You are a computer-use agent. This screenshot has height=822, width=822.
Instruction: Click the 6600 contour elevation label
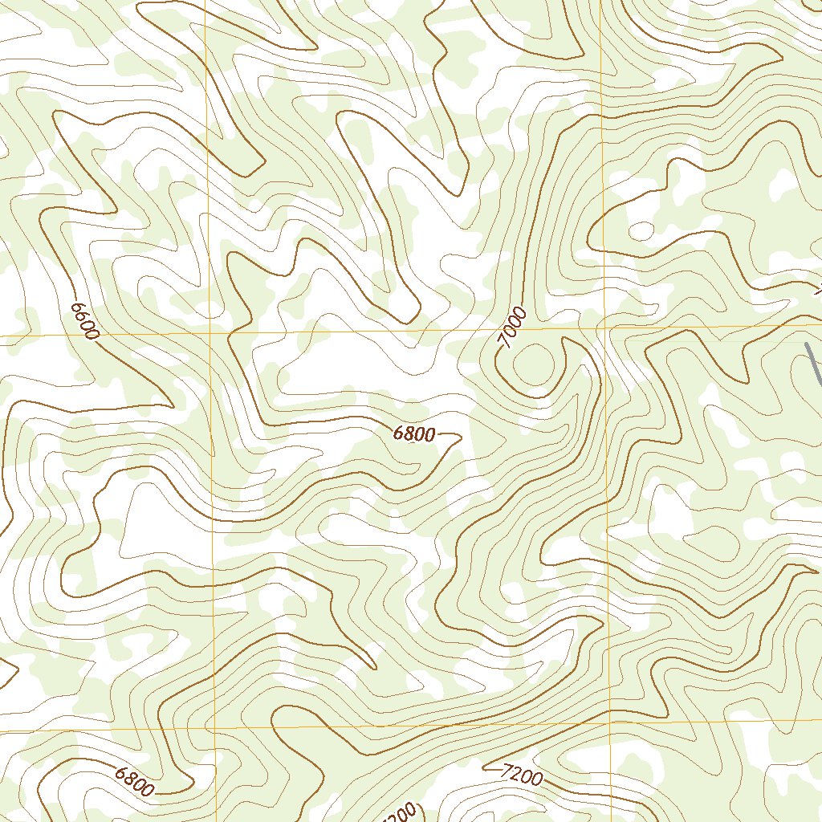[83, 321]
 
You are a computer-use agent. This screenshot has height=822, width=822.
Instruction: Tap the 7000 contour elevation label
[512, 328]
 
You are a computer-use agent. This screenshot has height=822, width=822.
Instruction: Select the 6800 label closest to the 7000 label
[414, 434]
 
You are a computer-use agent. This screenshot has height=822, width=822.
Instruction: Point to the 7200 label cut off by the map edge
[401, 812]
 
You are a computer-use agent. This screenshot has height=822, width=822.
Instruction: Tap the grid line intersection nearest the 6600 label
[210, 332]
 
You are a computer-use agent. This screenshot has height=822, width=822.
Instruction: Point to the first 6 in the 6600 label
[77, 307]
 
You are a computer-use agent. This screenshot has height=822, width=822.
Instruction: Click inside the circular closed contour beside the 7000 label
[533, 363]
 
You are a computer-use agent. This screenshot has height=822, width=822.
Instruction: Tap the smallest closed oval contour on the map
[641, 230]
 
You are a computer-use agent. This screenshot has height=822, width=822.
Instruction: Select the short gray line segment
[813, 365]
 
